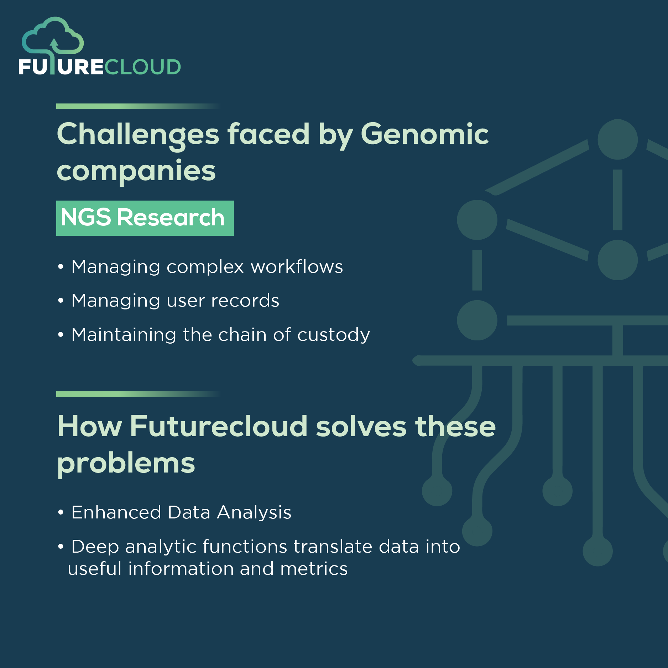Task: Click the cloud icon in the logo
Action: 53,36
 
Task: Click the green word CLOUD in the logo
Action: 143,67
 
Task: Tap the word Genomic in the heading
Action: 424,134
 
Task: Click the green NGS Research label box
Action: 145,218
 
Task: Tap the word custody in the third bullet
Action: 333,335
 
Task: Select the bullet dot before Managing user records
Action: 61,301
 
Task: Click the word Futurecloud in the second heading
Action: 218,426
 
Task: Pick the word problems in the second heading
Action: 126,463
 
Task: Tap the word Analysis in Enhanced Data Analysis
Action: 254,512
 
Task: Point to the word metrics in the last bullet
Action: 314,569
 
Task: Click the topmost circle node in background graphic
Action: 617,139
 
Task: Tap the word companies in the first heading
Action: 136,171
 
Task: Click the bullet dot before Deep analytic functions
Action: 61,546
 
